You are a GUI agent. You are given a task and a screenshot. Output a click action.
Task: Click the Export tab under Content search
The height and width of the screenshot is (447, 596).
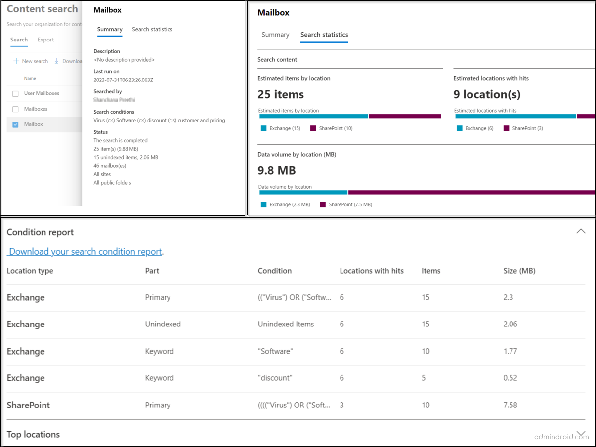(45, 40)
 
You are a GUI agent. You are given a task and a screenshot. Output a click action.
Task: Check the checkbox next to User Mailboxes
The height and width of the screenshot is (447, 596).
(15, 93)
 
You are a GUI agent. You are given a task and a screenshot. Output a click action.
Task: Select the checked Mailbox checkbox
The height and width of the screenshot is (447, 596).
(15, 124)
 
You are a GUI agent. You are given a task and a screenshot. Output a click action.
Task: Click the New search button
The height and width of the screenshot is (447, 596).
(31, 61)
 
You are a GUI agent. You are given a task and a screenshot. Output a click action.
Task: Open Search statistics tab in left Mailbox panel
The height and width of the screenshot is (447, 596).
(152, 29)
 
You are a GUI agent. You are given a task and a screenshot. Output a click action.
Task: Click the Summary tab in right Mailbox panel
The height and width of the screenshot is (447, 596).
(275, 35)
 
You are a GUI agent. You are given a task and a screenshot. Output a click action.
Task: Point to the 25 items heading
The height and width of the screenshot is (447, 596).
(281, 94)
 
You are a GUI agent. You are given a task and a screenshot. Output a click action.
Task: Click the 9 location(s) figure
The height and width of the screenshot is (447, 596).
(487, 94)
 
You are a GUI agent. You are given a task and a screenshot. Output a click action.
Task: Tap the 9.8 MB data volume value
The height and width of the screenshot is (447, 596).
(277, 170)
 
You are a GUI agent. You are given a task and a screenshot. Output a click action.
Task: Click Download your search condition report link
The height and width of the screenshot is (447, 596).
(85, 252)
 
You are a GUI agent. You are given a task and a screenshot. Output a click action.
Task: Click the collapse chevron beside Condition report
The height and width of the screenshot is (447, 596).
(581, 231)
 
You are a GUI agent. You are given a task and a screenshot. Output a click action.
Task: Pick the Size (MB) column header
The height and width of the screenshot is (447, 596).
(519, 271)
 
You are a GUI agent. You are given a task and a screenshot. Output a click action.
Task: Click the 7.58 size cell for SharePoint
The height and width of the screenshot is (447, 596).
(510, 405)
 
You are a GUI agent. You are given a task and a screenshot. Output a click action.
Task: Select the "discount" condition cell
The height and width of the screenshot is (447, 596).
(275, 378)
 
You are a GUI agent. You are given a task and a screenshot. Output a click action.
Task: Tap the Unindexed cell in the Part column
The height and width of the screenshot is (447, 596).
(163, 325)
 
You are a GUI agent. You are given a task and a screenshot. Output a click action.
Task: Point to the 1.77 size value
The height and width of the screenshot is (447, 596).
(510, 351)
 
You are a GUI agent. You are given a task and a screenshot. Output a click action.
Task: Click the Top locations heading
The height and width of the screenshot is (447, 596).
(33, 434)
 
